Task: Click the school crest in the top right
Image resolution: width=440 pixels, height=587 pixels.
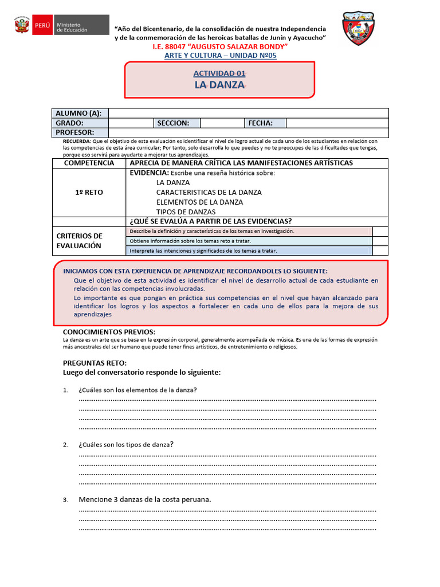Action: (358, 28)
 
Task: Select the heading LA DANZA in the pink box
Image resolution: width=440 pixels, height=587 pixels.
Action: (219, 85)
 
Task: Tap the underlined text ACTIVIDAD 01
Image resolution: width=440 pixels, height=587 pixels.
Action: (219, 73)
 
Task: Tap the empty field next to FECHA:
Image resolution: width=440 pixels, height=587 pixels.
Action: (337, 123)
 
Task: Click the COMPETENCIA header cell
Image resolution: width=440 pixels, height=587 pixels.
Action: (89, 163)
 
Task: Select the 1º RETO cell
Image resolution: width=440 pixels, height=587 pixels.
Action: (89, 193)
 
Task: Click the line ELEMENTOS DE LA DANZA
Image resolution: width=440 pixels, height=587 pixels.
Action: (199, 202)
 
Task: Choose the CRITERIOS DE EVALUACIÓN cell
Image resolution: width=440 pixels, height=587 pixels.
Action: (89, 241)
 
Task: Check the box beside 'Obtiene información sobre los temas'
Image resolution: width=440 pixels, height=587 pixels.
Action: (380, 241)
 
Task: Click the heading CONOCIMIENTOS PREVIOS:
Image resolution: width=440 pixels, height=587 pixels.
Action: (109, 332)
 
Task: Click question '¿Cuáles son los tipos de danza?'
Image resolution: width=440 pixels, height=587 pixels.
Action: (126, 444)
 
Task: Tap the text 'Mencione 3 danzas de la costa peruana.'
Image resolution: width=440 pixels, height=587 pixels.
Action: (145, 499)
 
